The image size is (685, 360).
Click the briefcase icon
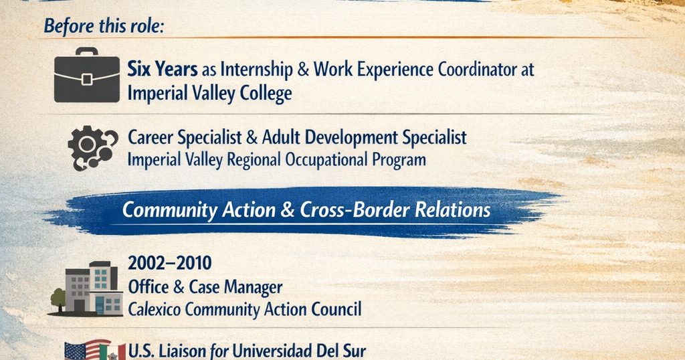(x=87, y=75)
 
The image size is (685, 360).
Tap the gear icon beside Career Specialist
(x=92, y=148)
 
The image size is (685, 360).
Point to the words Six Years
(x=163, y=69)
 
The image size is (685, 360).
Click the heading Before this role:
(x=104, y=26)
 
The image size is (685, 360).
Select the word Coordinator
(x=477, y=69)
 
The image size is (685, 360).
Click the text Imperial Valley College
(x=209, y=94)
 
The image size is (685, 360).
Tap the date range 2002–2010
(x=169, y=263)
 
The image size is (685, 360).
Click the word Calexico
(x=155, y=309)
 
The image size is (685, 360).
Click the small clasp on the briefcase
(x=87, y=80)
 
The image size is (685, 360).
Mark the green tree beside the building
(x=58, y=298)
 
